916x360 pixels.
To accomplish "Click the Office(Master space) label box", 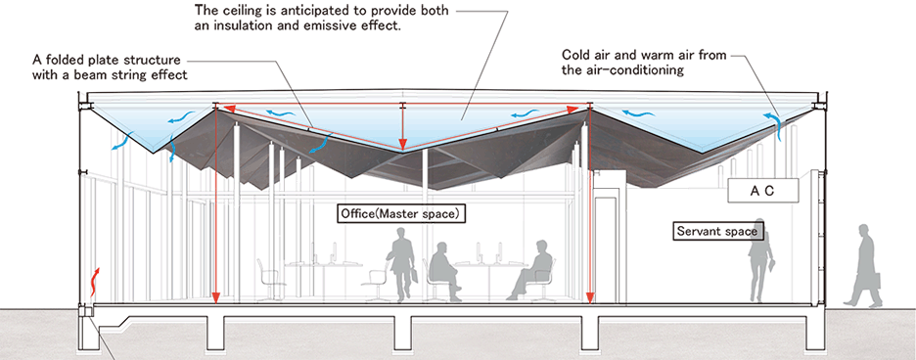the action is coord(402,214).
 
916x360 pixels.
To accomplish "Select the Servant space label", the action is coord(716,232).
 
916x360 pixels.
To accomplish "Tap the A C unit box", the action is coord(762,191).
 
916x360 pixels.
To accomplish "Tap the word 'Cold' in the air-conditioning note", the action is coord(574,55).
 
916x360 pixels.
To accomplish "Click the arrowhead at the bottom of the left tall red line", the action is coord(215,296).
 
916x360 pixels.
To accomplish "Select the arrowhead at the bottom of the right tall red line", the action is coord(590,296).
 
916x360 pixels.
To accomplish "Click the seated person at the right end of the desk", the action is coord(531,269).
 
